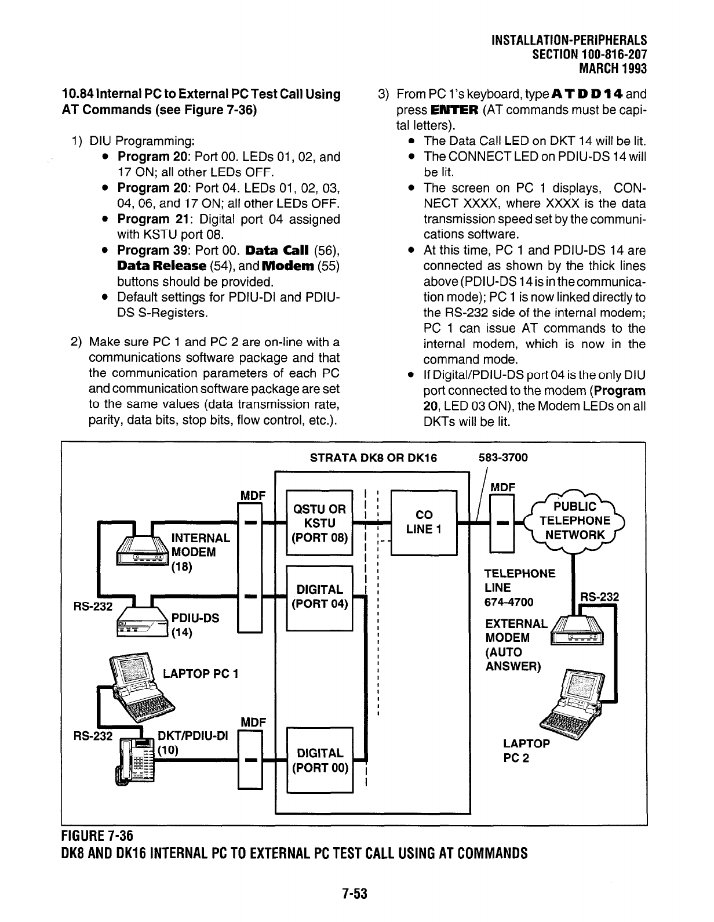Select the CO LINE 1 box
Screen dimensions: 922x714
click(x=424, y=523)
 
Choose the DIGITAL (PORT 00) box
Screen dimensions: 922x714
click(x=319, y=760)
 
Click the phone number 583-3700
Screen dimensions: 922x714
click(x=503, y=458)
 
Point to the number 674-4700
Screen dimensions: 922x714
click(x=509, y=602)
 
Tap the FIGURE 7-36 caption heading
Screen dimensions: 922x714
click(x=97, y=836)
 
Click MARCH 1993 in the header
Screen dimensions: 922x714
click(x=613, y=69)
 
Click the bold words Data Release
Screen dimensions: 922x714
click(x=162, y=266)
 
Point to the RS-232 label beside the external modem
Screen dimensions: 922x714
click(x=600, y=597)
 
